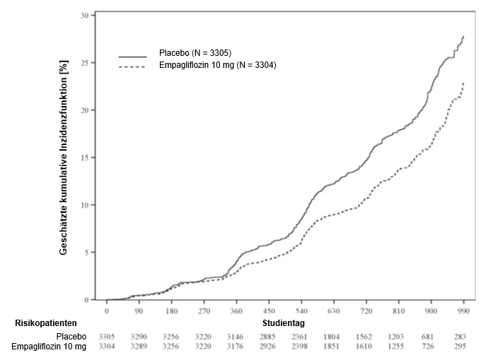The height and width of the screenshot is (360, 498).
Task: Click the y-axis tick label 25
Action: pyautogui.click(x=85, y=63)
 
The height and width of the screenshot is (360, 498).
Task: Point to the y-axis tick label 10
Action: pyautogui.click(x=85, y=205)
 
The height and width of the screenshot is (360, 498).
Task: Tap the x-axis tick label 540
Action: pyautogui.click(x=301, y=310)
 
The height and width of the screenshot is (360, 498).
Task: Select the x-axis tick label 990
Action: pyautogui.click(x=464, y=310)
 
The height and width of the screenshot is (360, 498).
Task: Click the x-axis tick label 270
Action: pyautogui.click(x=204, y=310)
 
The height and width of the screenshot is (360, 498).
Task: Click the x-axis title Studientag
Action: pyautogui.click(x=283, y=323)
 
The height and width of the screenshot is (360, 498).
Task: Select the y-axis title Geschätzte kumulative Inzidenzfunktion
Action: pyautogui.click(x=64, y=158)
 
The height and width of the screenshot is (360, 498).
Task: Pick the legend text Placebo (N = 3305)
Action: pyautogui.click(x=195, y=53)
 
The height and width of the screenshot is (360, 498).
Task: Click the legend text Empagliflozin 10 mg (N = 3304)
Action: pyautogui.click(x=218, y=65)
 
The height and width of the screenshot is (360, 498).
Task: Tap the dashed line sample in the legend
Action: pyautogui.click(x=132, y=66)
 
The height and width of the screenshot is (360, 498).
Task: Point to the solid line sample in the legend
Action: pyautogui.click(x=133, y=57)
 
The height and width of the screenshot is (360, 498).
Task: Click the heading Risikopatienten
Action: pyautogui.click(x=46, y=323)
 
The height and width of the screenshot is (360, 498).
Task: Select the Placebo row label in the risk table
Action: pyautogui.click(x=71, y=336)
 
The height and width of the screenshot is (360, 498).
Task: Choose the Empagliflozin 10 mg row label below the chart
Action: pyautogui.click(x=49, y=347)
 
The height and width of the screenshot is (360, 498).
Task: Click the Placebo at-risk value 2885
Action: pyautogui.click(x=267, y=337)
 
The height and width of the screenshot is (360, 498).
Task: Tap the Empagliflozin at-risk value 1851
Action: pyautogui.click(x=331, y=346)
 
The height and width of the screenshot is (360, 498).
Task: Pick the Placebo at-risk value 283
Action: pyautogui.click(x=460, y=337)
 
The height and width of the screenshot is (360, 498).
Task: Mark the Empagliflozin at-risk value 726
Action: pyautogui.click(x=427, y=346)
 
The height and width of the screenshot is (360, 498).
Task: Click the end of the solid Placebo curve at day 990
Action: pyautogui.click(x=464, y=36)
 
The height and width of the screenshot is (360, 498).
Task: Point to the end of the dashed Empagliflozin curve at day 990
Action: pyautogui.click(x=464, y=83)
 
